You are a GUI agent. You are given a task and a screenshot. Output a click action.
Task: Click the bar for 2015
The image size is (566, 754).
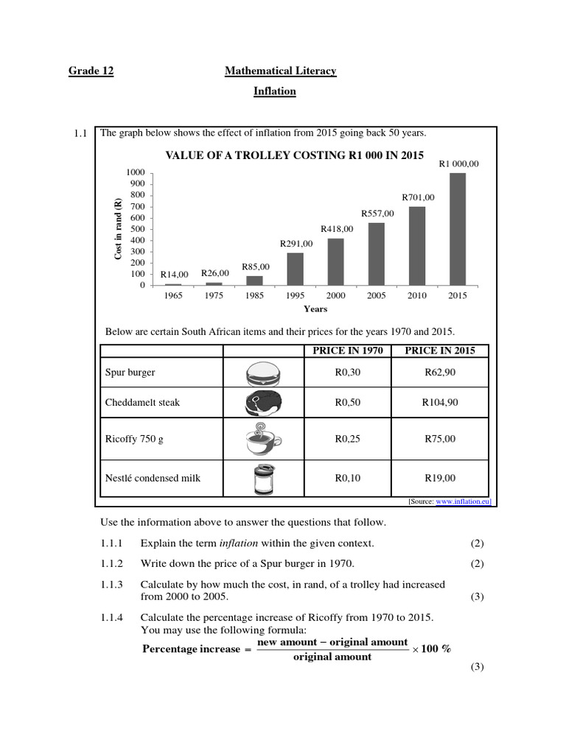(x=458, y=229)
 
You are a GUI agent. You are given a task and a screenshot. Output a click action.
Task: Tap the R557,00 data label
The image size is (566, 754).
(x=377, y=214)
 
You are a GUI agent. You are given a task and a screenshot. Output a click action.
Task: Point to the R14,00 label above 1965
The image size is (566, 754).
(x=174, y=275)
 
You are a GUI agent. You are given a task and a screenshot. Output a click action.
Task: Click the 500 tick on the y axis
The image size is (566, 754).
(x=138, y=229)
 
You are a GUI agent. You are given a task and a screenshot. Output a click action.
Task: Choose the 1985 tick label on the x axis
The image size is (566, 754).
(x=254, y=295)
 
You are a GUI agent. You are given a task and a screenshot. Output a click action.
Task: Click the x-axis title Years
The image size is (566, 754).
(x=315, y=309)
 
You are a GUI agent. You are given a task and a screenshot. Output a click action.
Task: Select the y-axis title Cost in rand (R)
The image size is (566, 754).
(x=118, y=229)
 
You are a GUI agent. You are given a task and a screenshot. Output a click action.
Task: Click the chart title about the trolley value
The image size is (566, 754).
(x=294, y=155)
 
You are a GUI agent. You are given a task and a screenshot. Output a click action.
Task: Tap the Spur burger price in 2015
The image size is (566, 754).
(x=440, y=373)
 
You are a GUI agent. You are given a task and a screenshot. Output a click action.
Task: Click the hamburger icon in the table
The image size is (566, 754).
(x=262, y=373)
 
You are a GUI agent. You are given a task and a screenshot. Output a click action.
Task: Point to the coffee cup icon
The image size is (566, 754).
(x=262, y=440)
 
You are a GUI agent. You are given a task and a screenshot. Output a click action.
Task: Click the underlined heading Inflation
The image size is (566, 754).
(x=275, y=91)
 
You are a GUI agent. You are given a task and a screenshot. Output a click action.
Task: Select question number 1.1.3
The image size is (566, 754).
(x=113, y=585)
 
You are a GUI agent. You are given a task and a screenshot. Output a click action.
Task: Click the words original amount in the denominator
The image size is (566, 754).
(x=332, y=657)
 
